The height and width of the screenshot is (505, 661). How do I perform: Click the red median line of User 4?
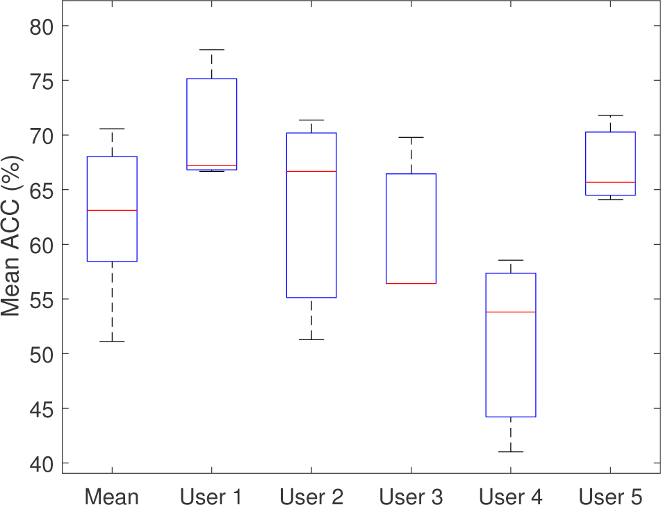coord(510,312)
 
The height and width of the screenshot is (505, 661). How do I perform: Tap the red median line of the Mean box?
coord(111,210)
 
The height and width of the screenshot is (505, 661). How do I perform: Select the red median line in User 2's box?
coord(311,171)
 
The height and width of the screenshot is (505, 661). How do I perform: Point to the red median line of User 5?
coord(610,182)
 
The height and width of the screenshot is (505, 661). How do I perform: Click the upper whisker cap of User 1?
coord(211,50)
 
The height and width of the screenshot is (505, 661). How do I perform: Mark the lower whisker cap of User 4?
coord(510,452)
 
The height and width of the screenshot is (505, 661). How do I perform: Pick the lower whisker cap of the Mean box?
coord(111,342)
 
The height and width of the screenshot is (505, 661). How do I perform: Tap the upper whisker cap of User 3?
coord(411,138)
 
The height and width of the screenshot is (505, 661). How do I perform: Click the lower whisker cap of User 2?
coord(311,339)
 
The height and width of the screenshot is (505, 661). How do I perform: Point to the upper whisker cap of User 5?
coord(610,115)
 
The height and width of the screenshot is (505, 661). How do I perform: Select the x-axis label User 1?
coord(211,496)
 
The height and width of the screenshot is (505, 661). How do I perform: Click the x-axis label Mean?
coord(111,496)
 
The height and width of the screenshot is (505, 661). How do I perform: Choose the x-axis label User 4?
coord(510,496)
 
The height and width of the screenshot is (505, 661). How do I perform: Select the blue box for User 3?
coord(411,229)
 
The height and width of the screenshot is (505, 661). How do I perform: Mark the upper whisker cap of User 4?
coord(510,260)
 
